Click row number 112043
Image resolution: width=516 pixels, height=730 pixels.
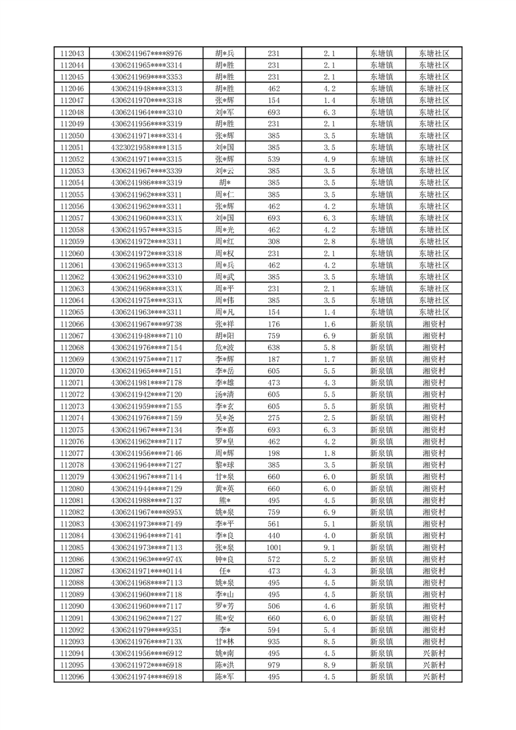coord(71,53)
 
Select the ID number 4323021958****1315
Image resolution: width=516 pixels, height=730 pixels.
coord(146,148)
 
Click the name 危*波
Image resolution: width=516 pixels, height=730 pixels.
coord(225,347)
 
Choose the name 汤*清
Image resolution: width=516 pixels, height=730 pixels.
coord(225,395)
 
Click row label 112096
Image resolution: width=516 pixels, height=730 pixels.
coord(71,677)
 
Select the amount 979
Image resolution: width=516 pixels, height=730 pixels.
coord(274,666)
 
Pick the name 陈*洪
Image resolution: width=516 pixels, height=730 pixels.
coord(225,666)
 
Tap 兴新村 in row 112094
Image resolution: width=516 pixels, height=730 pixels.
coord(433,654)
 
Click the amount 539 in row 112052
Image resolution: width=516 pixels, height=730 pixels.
coord(274,159)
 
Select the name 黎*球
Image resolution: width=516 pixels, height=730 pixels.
coord(225,465)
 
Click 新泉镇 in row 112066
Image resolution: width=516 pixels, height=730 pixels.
coord(381,324)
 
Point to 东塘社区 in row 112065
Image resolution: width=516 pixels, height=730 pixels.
coord(433,312)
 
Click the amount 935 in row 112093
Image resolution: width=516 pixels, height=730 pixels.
coord(274,642)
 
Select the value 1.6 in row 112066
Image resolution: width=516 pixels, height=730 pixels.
coord(329,324)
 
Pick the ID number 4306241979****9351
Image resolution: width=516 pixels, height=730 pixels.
coord(146,630)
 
